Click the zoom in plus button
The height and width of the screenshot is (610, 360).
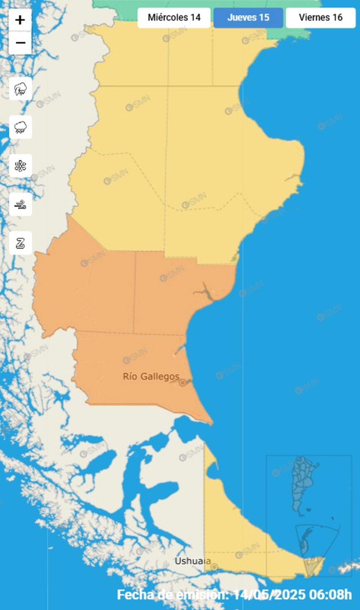pos(20,20)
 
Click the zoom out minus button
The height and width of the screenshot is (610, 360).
pos(20,43)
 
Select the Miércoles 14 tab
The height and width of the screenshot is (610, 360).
pos(174,18)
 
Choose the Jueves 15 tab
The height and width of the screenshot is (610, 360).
pos(248,18)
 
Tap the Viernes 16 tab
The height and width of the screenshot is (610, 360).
pos(320,18)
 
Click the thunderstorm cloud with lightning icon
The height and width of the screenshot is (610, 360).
pos(20,89)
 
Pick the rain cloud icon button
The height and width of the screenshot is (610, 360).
pos(20,127)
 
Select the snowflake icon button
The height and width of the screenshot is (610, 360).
pos(20,166)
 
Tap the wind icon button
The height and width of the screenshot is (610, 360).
pos(20,205)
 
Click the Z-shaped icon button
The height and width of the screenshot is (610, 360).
pos(20,243)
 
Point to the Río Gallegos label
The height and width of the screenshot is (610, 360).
pos(151,376)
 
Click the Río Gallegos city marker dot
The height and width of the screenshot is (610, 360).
pos(182,383)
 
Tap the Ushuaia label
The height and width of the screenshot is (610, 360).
pos(193,561)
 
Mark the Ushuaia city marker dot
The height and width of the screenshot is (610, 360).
pos(214,567)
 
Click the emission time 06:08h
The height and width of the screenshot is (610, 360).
pos(333,595)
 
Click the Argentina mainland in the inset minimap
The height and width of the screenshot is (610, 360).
pos(303,483)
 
